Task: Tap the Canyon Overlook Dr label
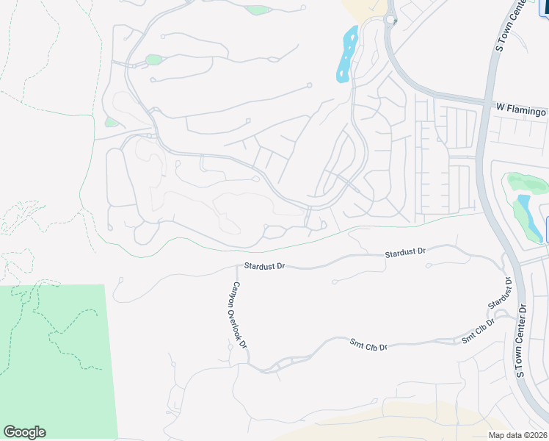pos(241,315)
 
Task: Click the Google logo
pos(24,432)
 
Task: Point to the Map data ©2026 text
pos(517,434)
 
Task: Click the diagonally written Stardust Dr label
pos(499,293)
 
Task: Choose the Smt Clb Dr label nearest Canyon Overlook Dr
pos(367,345)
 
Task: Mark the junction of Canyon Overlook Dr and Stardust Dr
pos(236,268)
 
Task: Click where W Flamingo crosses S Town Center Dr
pos(487,105)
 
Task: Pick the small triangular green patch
pos(111,122)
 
